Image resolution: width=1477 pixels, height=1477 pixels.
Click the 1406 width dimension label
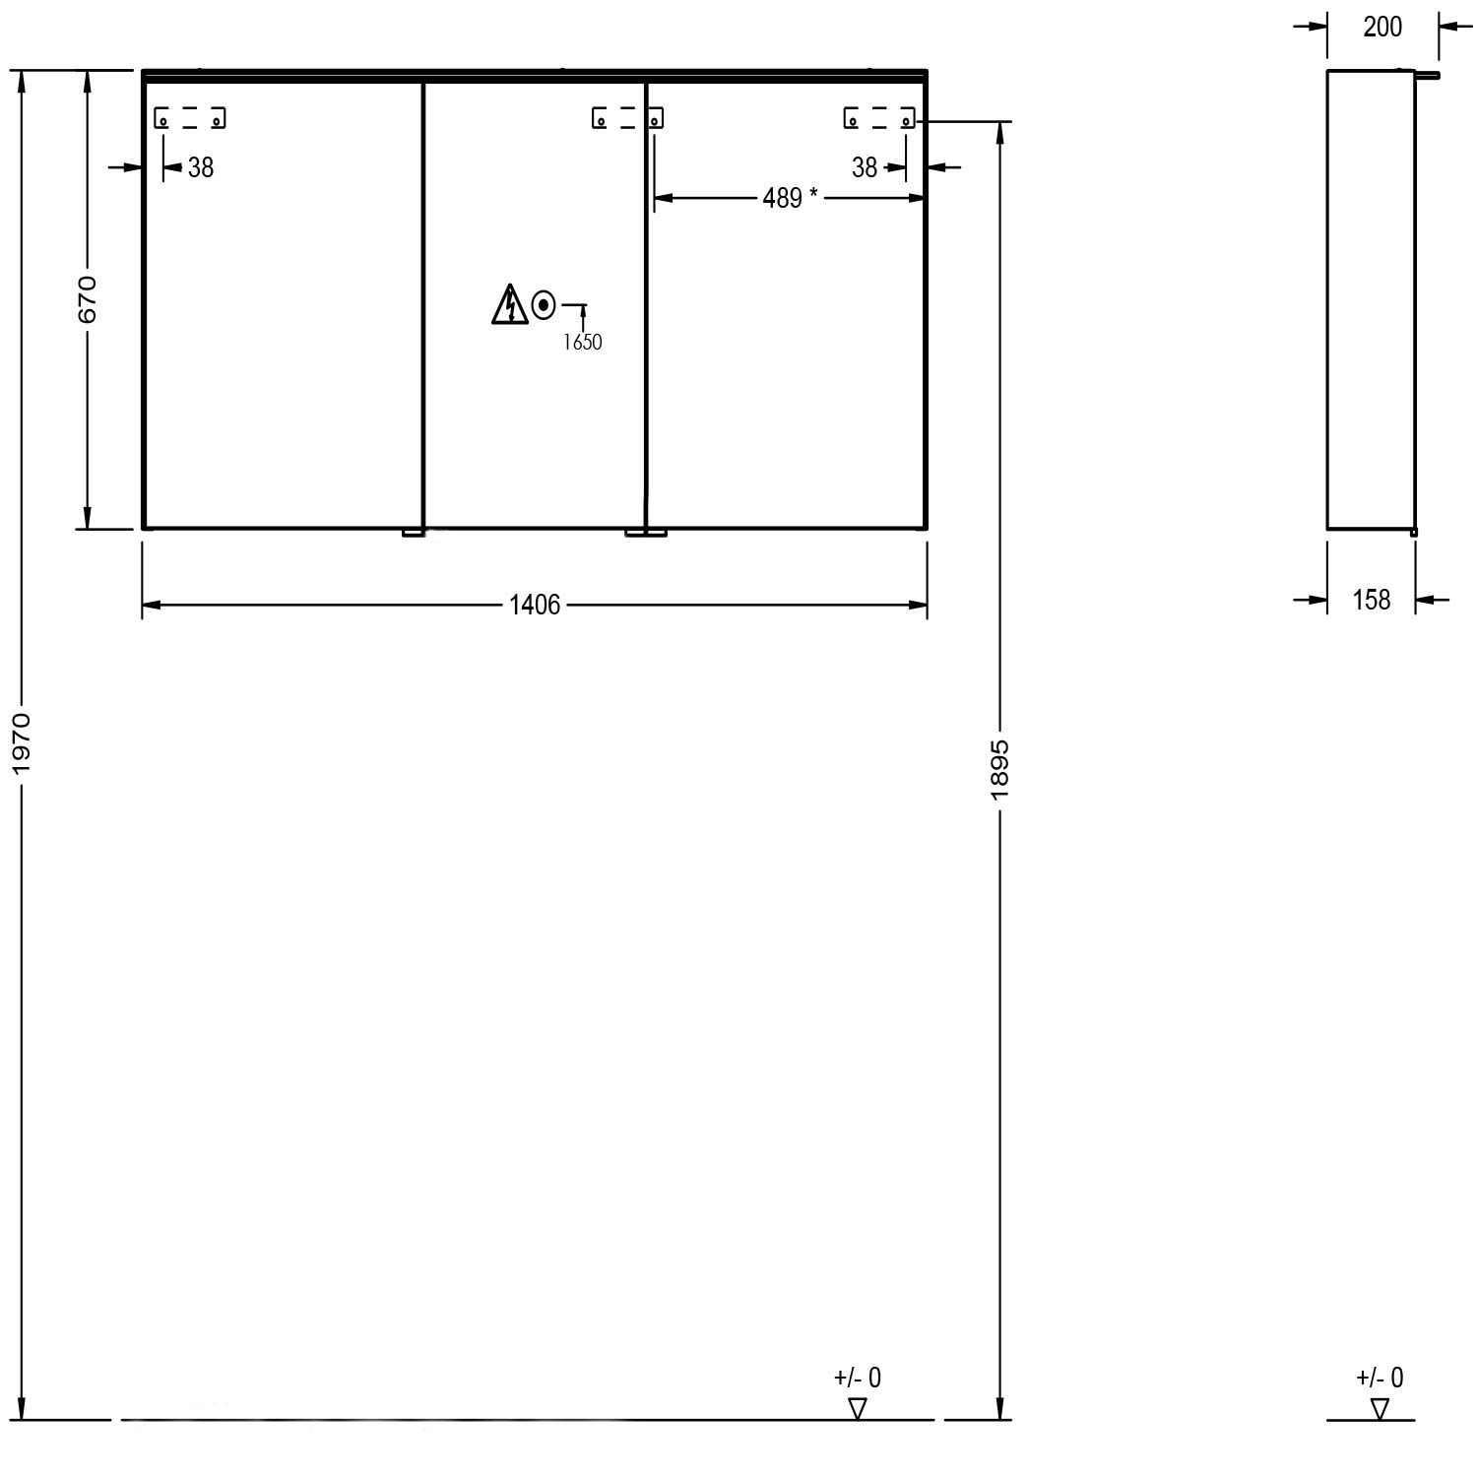click(535, 605)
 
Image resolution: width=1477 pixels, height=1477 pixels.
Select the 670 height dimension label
click(87, 299)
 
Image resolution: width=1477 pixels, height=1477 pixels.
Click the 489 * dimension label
click(790, 198)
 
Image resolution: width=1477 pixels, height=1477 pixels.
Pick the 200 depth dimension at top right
click(1382, 27)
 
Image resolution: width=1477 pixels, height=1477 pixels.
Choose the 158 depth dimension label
click(1372, 599)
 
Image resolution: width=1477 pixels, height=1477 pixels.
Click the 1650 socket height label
click(582, 343)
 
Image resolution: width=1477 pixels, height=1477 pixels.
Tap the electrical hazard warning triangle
click(508, 304)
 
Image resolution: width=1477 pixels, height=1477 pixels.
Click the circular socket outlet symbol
click(544, 307)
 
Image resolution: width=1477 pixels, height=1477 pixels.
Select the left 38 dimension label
click(201, 167)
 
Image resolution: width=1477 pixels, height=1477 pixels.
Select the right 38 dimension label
click(865, 167)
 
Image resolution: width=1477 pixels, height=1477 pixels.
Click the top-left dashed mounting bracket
click(190, 118)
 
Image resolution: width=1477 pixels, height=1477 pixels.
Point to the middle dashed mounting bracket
click(627, 118)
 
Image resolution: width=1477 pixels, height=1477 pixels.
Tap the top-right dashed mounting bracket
click(879, 118)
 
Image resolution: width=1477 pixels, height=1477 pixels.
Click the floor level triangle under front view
click(858, 1408)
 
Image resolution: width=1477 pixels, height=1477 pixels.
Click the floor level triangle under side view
click(1380, 1408)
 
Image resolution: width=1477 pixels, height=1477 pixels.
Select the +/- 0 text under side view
click(1380, 1378)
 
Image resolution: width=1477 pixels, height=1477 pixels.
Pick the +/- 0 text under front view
click(858, 1378)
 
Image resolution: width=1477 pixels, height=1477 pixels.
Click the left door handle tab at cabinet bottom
click(414, 533)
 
